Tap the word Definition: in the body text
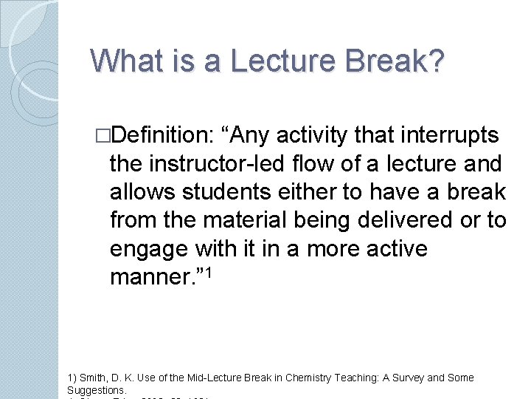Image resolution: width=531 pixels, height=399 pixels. pos(163,135)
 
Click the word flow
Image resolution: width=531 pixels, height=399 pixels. pos(340,163)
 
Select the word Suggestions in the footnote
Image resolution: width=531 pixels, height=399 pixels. pos(96,389)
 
